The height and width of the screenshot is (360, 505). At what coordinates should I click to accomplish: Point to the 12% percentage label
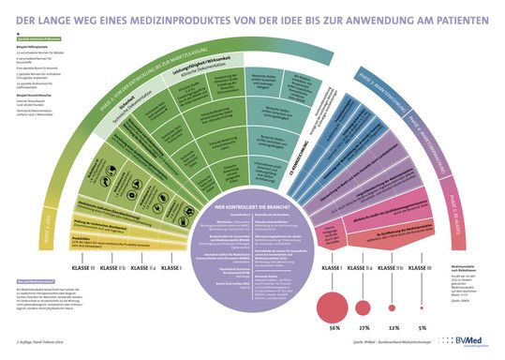pos(394,328)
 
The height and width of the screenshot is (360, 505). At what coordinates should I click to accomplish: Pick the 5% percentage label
pos(422,328)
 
